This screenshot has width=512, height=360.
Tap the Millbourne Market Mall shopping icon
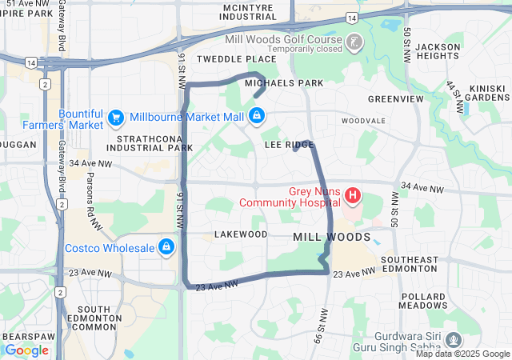pos(255,117)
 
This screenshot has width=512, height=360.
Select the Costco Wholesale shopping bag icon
pos(166,247)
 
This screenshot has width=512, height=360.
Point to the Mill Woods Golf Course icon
pos(353,42)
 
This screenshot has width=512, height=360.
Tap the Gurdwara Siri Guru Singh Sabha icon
pos(454,340)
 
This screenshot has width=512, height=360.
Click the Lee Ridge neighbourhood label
pos(288,145)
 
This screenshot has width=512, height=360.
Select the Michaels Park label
pos(284,83)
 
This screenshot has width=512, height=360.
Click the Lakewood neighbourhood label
pos(241,234)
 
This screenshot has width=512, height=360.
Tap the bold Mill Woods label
pos(331,238)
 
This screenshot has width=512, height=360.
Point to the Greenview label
pos(395,99)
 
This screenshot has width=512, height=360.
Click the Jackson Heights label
pos(438,51)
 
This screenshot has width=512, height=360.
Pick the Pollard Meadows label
pos(424,301)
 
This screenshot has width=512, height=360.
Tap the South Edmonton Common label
pos(99,318)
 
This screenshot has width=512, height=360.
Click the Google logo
pos(26,350)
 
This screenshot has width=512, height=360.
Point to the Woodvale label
pos(363,121)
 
